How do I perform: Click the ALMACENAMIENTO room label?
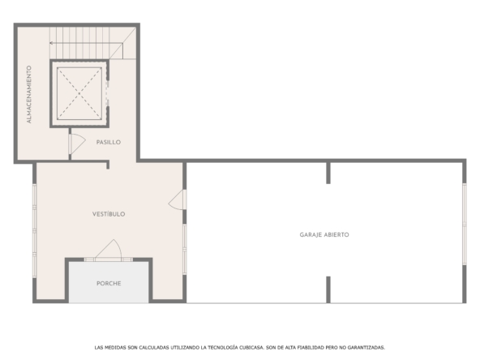click(29, 94)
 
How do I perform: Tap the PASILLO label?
click(109, 142)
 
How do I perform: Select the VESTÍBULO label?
click(109, 214)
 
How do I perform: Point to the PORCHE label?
click(109, 284)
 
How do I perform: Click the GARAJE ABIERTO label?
click(324, 235)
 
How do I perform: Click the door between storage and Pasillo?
click(76, 144)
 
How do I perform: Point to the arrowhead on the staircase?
click(51, 43)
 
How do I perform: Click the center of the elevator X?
click(79, 93)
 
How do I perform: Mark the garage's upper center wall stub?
click(328, 173)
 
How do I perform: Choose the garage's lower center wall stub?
click(328, 289)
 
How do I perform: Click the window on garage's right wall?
click(465, 224)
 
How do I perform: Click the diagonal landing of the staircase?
click(122, 43)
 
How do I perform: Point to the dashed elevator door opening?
click(107, 93)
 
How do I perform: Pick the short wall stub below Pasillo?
click(108, 165)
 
